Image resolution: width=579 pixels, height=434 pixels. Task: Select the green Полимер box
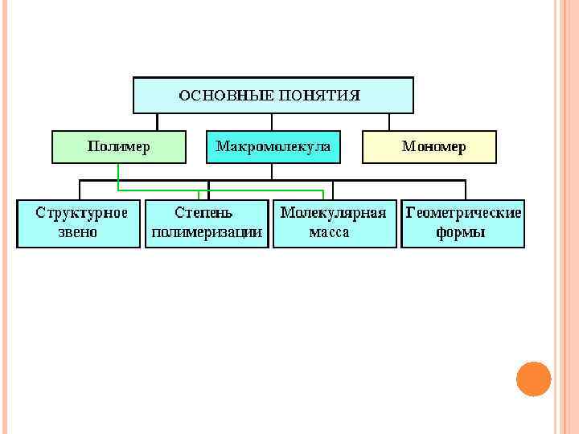(x=119, y=147)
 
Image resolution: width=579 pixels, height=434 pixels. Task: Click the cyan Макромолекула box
(x=273, y=147)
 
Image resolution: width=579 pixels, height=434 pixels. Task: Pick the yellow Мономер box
(x=429, y=147)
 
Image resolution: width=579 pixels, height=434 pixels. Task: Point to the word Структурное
(x=81, y=214)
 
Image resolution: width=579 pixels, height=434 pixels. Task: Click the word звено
(x=78, y=232)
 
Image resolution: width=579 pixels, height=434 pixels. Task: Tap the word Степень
(x=204, y=214)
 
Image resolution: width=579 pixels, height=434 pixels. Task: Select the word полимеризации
(x=207, y=232)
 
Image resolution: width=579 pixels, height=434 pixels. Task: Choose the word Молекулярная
(x=333, y=214)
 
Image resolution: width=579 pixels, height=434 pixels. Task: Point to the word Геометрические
(x=463, y=214)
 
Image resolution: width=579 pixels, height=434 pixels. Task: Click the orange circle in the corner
(x=534, y=379)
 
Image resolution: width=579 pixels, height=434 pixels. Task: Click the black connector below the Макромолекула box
(x=273, y=171)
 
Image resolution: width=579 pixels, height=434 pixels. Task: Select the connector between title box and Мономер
(x=389, y=121)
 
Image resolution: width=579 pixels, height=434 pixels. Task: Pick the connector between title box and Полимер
(x=158, y=121)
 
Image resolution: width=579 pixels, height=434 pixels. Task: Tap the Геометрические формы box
(x=463, y=223)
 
